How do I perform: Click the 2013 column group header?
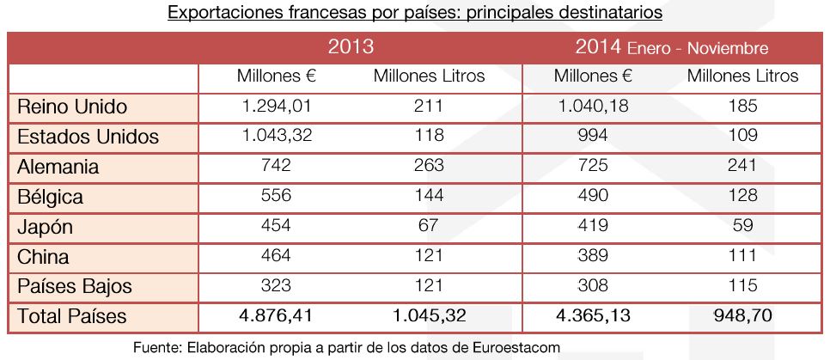[351, 46]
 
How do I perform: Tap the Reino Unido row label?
[72, 107]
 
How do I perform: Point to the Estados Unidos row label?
[88, 137]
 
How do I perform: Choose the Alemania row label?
[59, 167]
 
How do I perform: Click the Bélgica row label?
[51, 197]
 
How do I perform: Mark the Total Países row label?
[72, 315]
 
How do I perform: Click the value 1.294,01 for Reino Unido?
[277, 107]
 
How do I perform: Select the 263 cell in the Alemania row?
[429, 166]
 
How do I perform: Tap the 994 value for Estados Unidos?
[593, 136]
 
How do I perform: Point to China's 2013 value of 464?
[277, 256]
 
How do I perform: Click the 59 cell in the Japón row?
[742, 226]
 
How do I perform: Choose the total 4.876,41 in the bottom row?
[277, 315]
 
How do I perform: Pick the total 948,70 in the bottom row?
[742, 315]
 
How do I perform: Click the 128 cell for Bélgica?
[742, 196]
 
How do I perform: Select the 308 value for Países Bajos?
[593, 286]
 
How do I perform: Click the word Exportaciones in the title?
[217, 14]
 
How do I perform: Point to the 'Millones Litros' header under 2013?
[429, 76]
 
